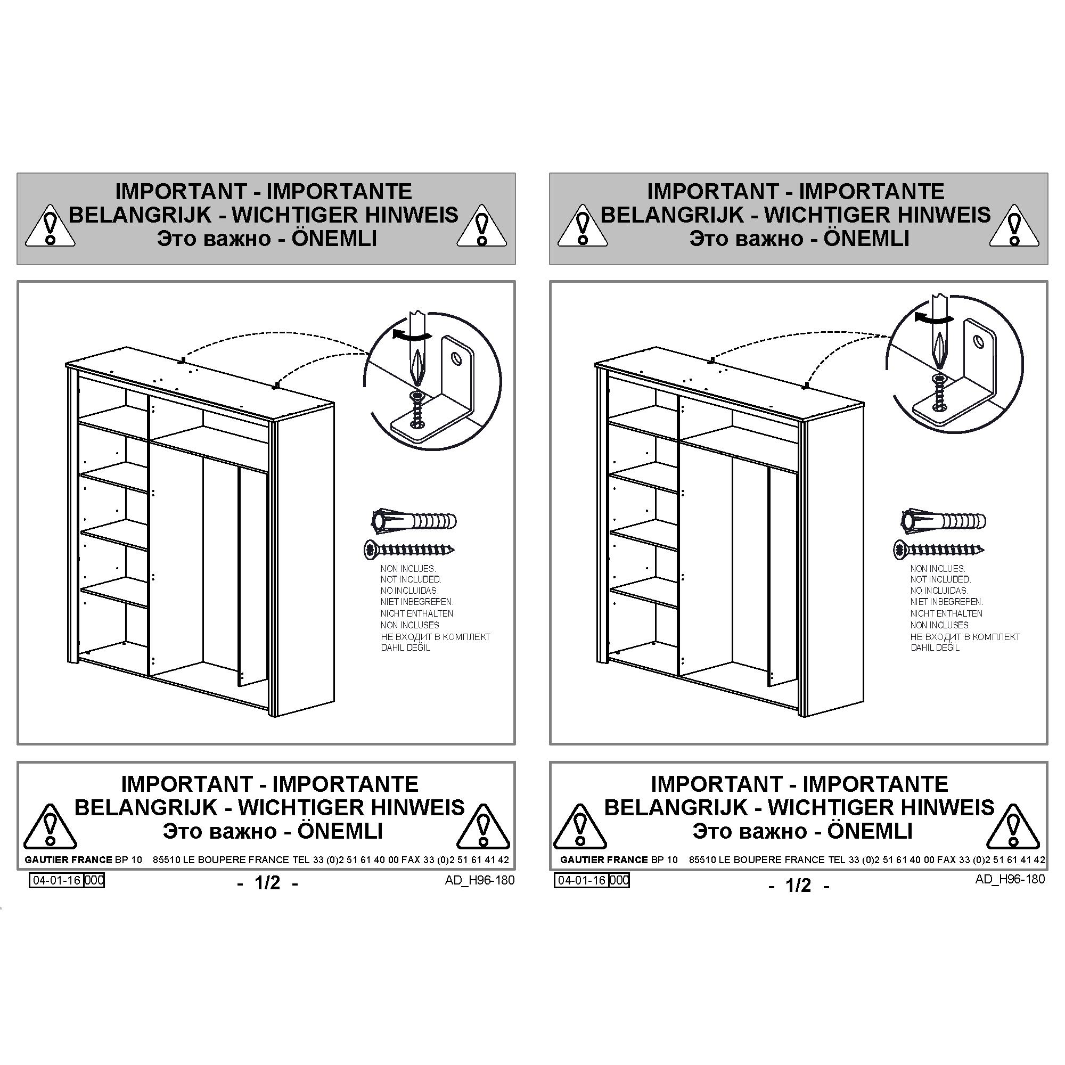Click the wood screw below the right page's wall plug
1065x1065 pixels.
tap(939, 549)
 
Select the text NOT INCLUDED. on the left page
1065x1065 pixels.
tap(411, 579)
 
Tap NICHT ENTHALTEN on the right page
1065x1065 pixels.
tap(946, 613)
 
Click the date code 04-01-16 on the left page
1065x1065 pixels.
tap(57, 880)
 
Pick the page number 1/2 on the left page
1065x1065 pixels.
tap(267, 883)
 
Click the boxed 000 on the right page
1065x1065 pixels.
tap(619, 880)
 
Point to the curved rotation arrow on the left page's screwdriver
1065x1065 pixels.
tap(411, 334)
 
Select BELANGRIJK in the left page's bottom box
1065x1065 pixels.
tap(146, 808)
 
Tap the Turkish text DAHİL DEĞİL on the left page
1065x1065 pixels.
tap(405, 648)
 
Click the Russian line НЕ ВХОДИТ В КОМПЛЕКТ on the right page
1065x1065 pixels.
tap(965, 637)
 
